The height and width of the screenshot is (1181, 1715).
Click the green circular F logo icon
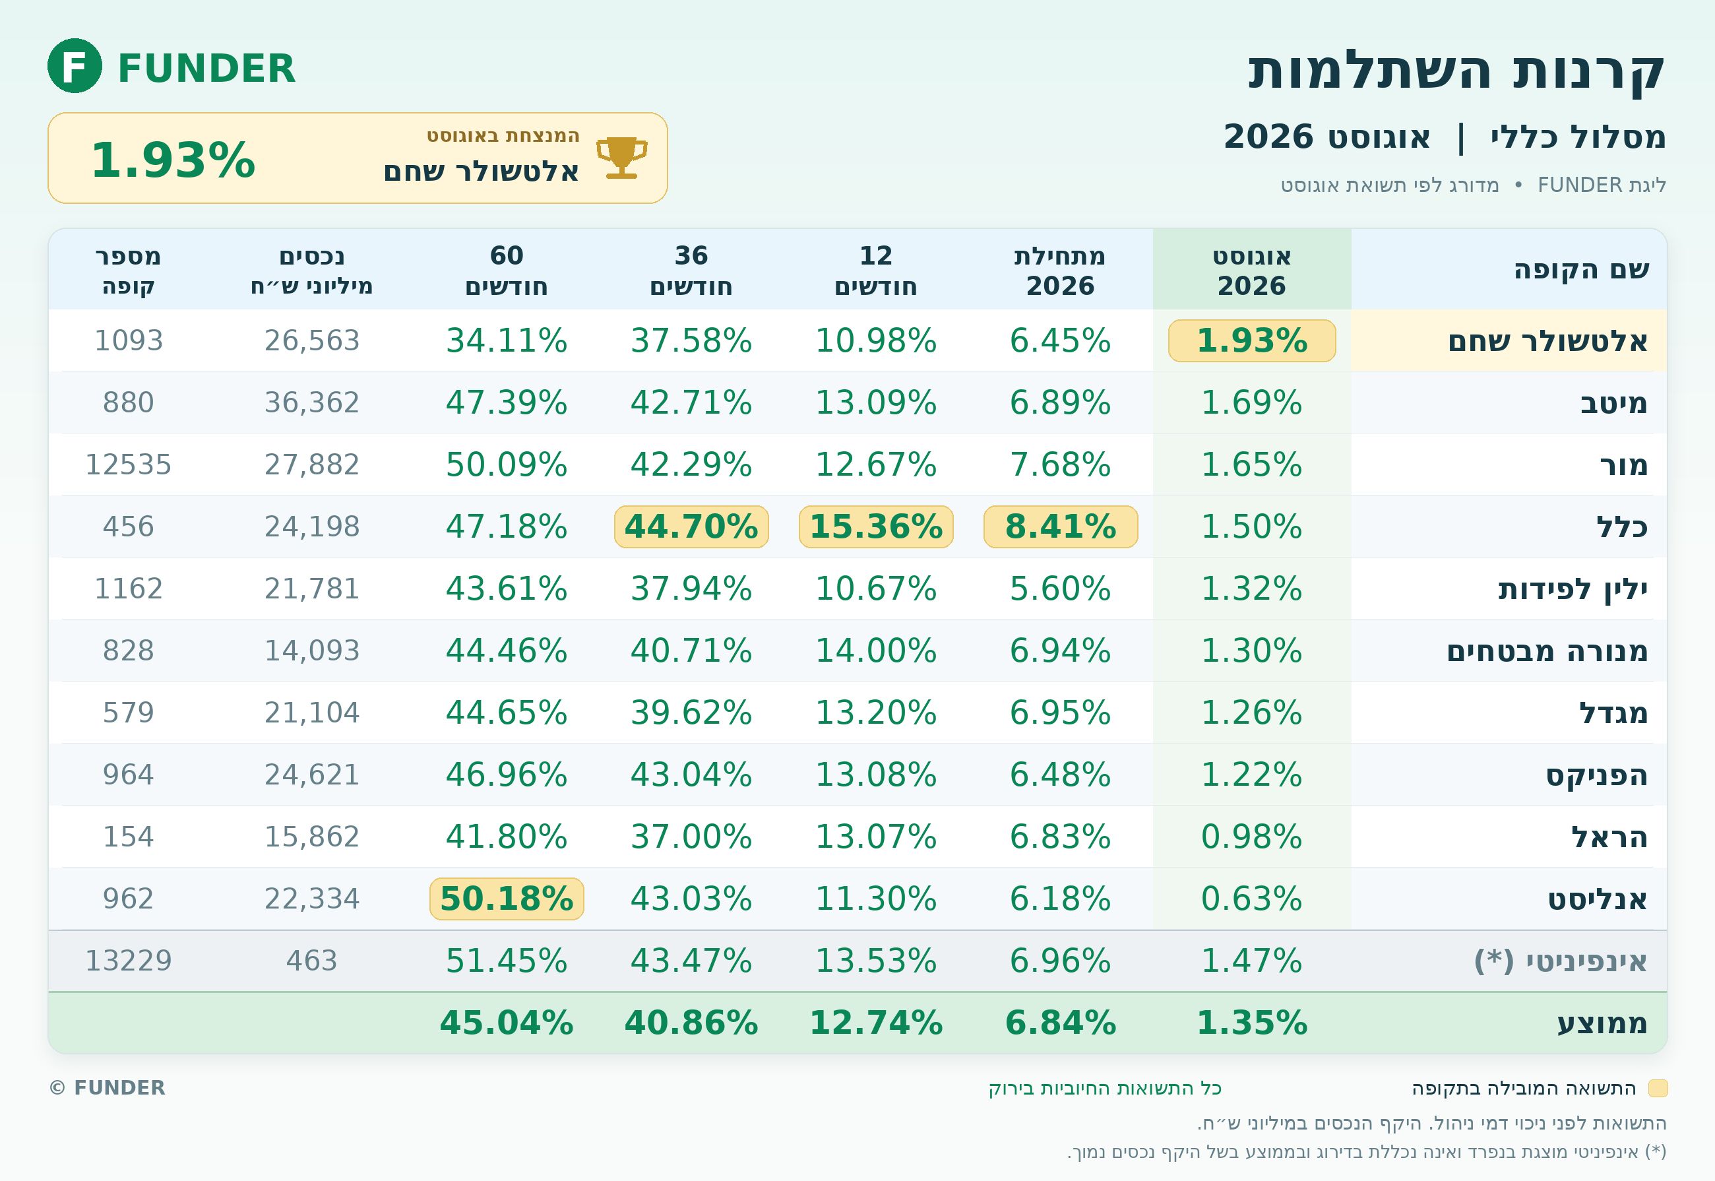(x=75, y=66)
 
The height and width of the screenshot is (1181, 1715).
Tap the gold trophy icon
(x=621, y=158)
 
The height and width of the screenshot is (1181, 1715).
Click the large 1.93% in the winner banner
(x=173, y=160)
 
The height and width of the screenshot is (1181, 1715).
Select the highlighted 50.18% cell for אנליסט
(x=507, y=899)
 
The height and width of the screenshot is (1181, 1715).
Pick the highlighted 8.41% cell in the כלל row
(x=1060, y=527)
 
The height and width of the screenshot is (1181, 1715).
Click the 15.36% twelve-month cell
(x=876, y=527)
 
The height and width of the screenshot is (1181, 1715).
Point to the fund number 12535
(x=128, y=464)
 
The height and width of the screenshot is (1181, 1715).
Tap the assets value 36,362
(x=312, y=402)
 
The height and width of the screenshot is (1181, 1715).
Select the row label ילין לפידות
(x=1573, y=589)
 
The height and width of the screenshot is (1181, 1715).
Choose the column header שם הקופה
(x=1582, y=269)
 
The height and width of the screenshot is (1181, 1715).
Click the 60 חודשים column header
(x=507, y=271)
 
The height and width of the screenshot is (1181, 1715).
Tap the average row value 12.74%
(x=876, y=1023)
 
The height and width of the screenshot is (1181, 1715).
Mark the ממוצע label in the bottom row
(x=1603, y=1023)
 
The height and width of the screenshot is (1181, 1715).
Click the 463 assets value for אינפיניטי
(x=312, y=961)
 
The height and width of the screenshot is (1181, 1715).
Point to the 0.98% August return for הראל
(x=1251, y=837)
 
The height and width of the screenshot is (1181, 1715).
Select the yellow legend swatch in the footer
(x=1658, y=1089)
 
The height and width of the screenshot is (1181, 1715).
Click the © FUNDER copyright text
(x=108, y=1088)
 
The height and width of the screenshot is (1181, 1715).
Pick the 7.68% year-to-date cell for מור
(x=1060, y=464)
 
